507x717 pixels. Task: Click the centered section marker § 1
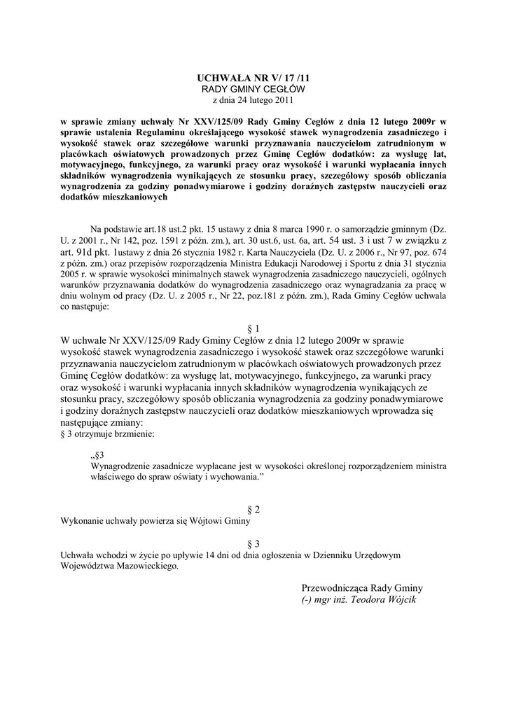pyautogui.click(x=253, y=328)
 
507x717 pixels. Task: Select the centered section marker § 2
pyautogui.click(x=253, y=509)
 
